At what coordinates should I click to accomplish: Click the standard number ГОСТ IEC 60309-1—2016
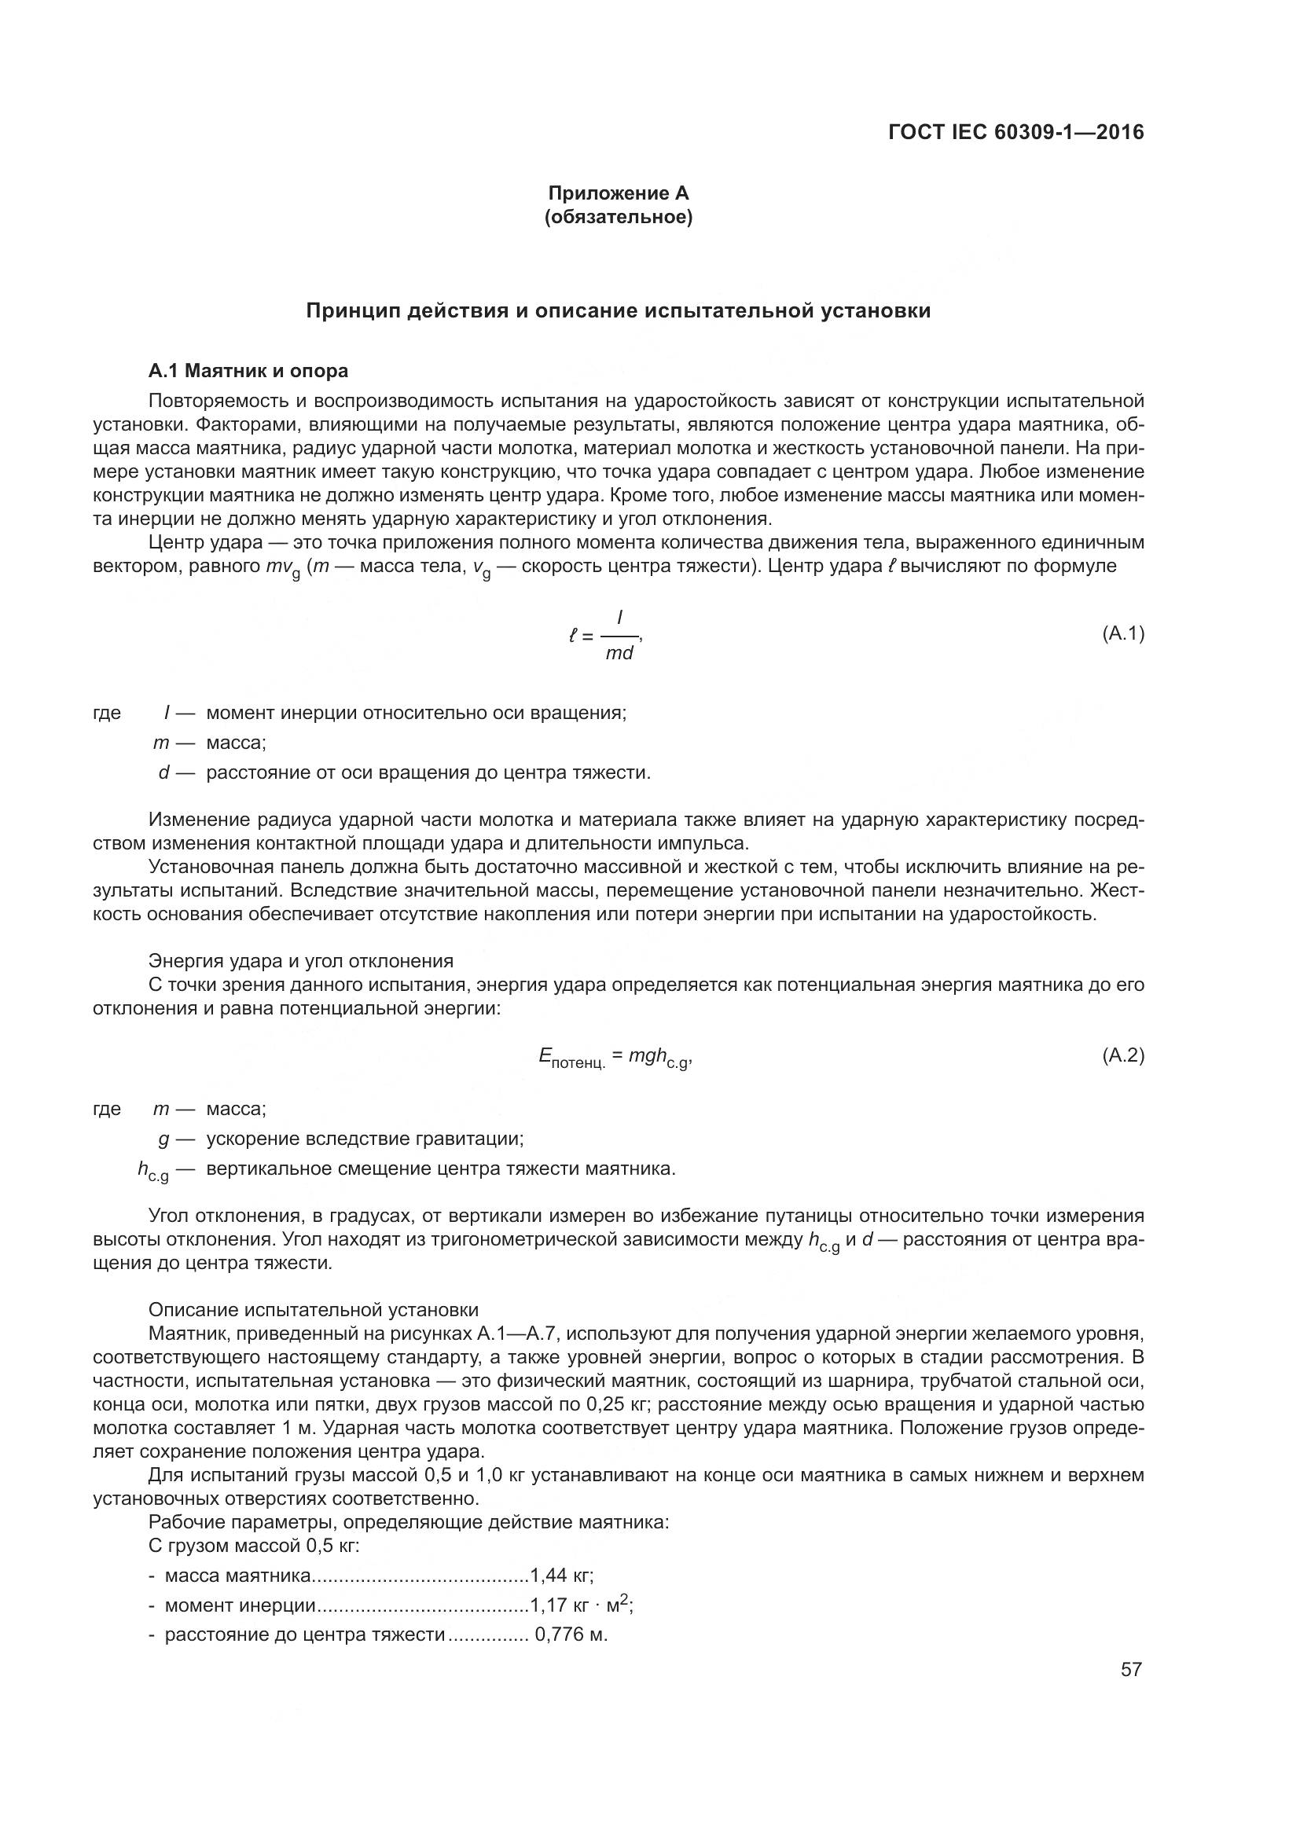coord(1015,132)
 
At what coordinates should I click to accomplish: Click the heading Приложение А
coord(618,193)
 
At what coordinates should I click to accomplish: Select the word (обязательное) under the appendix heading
coord(618,218)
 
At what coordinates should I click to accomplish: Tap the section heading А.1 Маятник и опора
coord(248,371)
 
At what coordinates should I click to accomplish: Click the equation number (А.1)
coord(1123,634)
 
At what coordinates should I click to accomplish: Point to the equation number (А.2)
coord(1123,1055)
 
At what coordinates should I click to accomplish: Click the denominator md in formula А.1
coord(619,652)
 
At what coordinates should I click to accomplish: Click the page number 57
coord(1130,1669)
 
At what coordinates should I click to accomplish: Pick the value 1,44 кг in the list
coord(562,1576)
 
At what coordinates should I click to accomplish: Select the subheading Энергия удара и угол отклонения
coord(301,960)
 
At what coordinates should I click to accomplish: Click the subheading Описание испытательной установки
coord(314,1310)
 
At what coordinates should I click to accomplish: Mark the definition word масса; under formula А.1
coord(236,743)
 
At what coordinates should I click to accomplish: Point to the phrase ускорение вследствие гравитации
coord(364,1139)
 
